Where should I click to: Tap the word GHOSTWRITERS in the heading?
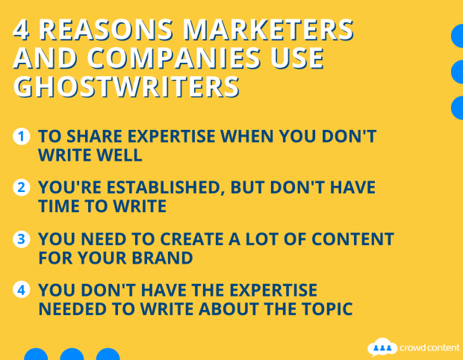(x=126, y=86)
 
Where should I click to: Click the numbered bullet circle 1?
(x=22, y=137)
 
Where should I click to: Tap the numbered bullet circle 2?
(x=22, y=187)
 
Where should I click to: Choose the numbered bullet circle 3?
(x=22, y=240)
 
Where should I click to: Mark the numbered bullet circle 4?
(x=22, y=290)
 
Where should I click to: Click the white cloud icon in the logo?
(x=382, y=346)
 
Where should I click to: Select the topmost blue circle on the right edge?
(x=458, y=36)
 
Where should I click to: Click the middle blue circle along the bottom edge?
(x=72, y=354)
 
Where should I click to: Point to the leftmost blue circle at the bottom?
(x=36, y=354)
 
